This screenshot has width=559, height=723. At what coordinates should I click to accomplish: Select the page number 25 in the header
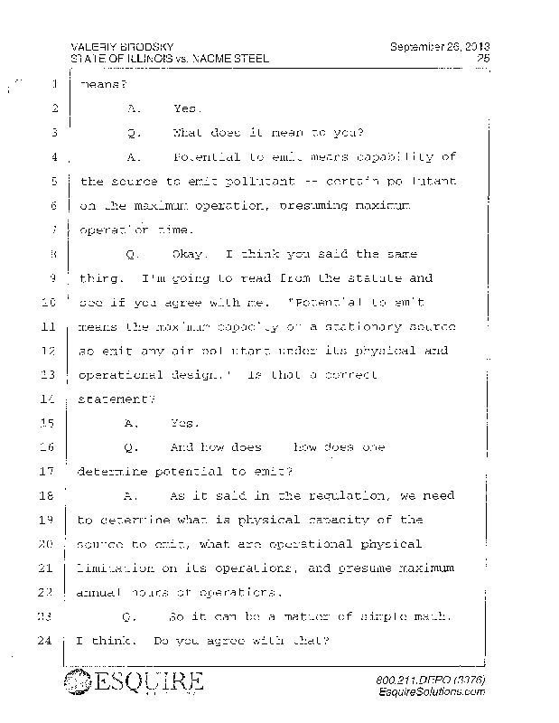482,59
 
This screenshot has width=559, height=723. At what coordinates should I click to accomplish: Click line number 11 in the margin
50,325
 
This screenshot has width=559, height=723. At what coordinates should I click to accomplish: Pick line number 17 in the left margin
50,471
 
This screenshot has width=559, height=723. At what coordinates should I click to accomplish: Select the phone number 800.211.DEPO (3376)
429,678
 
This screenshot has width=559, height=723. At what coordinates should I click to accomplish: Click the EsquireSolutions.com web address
434,690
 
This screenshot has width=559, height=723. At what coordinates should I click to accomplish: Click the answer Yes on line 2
186,109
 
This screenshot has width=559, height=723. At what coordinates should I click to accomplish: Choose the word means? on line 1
100,86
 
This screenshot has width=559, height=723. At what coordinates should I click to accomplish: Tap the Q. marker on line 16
133,447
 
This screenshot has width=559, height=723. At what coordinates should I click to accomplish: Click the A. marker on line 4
134,157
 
